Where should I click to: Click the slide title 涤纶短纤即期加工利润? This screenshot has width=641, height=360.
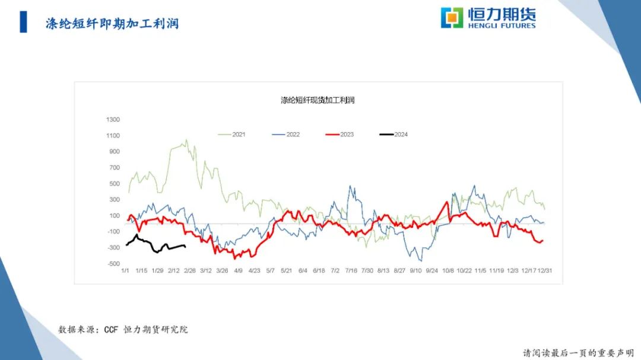pyautogui.click(x=112, y=24)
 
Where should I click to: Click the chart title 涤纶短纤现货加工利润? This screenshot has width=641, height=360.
pyautogui.click(x=318, y=100)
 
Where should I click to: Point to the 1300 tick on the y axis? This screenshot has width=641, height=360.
pyautogui.click(x=113, y=120)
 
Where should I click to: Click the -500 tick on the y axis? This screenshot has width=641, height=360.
pyautogui.click(x=113, y=263)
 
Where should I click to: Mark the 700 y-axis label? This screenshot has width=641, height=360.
pyautogui.click(x=114, y=168)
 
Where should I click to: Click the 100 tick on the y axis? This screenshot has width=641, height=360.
pyautogui.click(x=114, y=215)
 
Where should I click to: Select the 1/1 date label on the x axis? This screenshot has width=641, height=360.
pyautogui.click(x=125, y=270)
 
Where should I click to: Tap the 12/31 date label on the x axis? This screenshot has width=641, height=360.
pyautogui.click(x=545, y=270)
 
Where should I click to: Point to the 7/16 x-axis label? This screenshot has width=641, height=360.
pyautogui.click(x=351, y=270)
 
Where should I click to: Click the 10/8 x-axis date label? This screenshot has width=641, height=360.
pyautogui.click(x=448, y=270)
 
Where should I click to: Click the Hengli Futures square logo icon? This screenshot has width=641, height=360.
pyautogui.click(x=452, y=17)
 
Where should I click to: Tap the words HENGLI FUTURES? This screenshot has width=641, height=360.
pyautogui.click(x=502, y=26)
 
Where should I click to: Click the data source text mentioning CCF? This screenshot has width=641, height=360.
pyautogui.click(x=123, y=329)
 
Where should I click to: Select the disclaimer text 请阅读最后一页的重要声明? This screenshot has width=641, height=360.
pyautogui.click(x=578, y=352)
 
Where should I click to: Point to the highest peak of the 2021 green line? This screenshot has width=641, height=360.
pyautogui.click(x=186, y=141)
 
